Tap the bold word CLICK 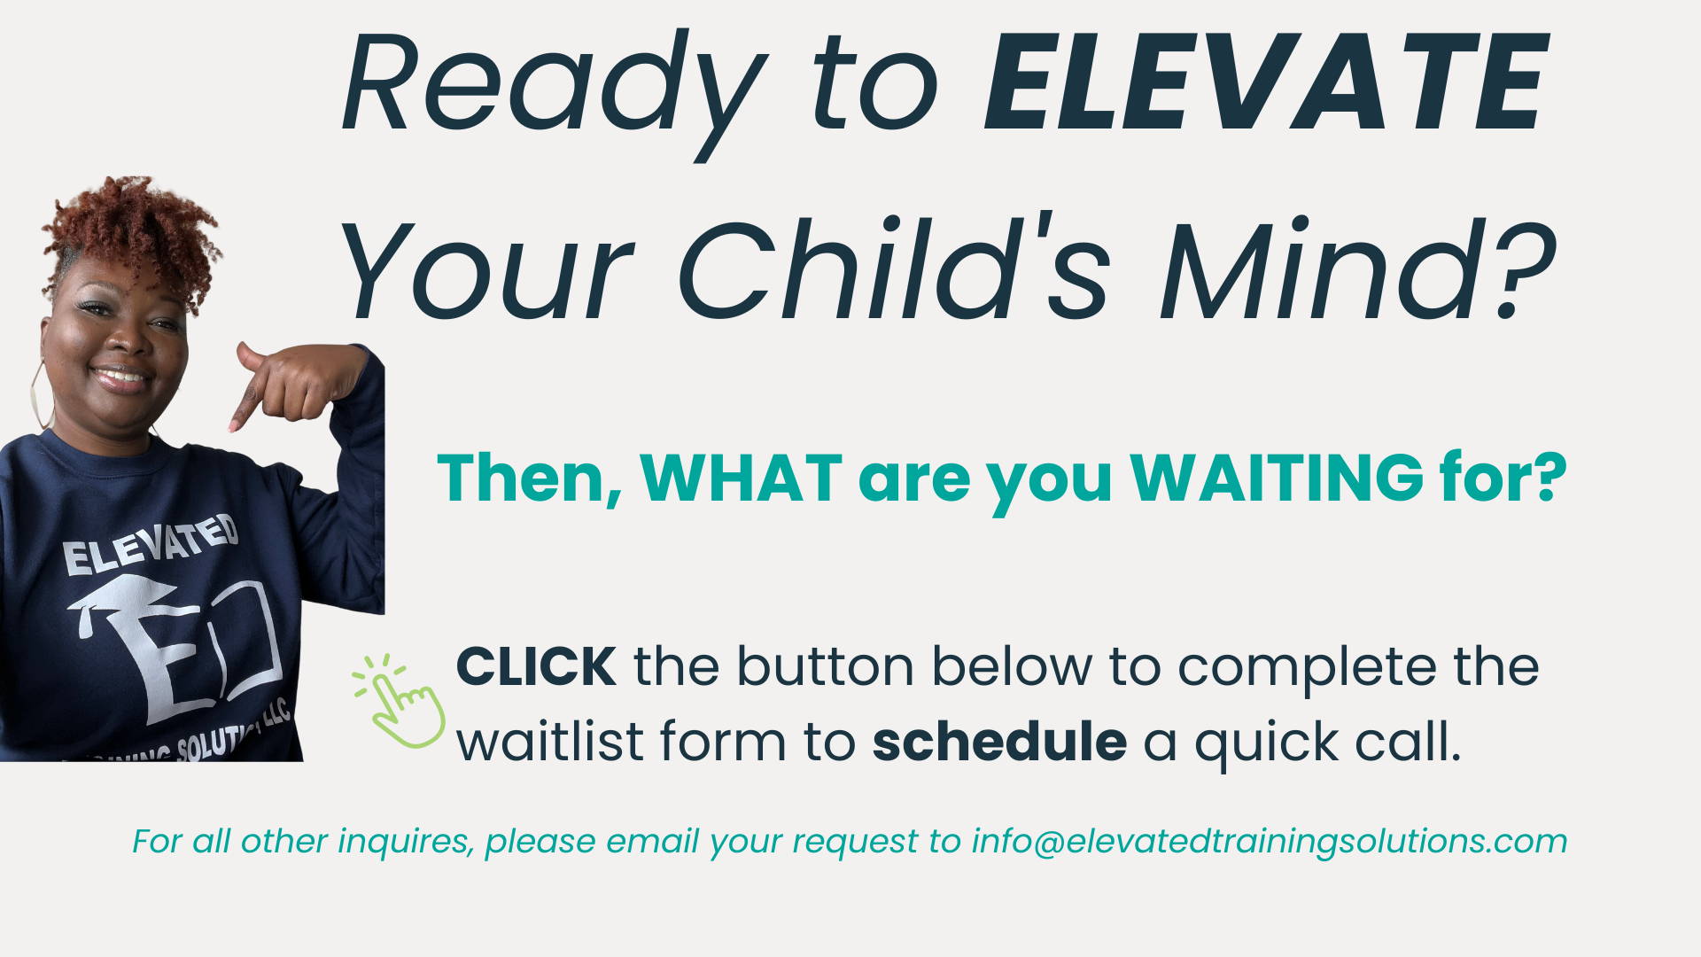coord(536,666)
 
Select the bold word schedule coord(999,741)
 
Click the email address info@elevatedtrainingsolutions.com coord(1270,841)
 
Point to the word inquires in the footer coord(405,841)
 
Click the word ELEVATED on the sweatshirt coord(151,546)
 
